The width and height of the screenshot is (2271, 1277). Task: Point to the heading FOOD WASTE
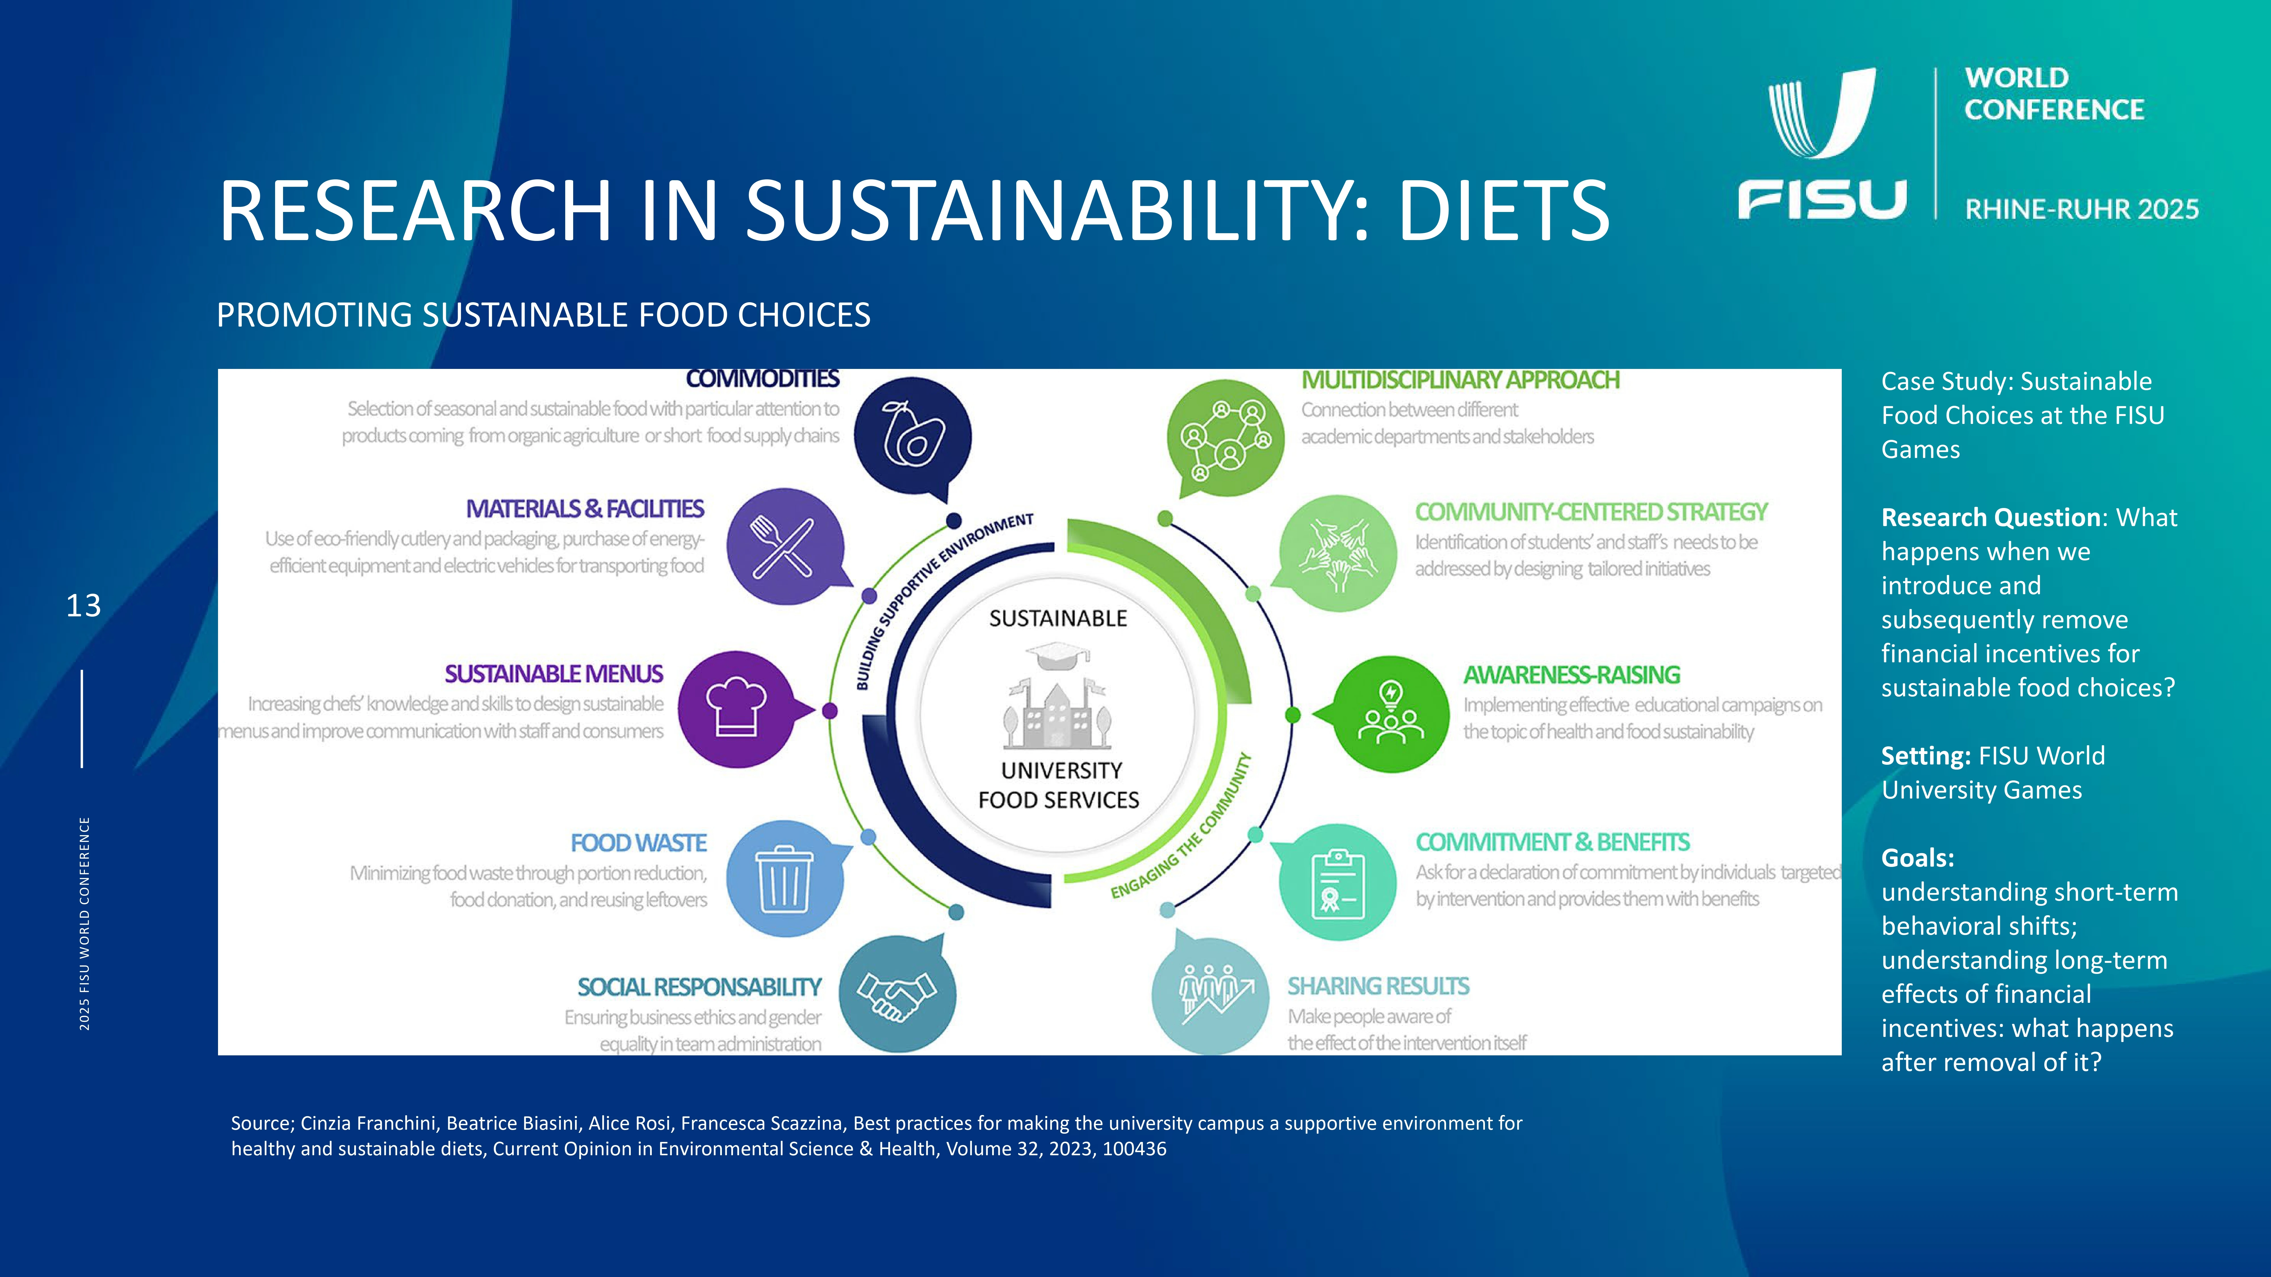tap(638, 843)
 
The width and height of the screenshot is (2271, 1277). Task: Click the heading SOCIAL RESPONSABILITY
tap(699, 987)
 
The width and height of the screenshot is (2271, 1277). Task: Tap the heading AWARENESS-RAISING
tap(1572, 675)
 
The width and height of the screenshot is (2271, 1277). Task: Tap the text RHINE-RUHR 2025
tap(2081, 210)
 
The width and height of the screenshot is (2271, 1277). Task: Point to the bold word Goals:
tap(1918, 858)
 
